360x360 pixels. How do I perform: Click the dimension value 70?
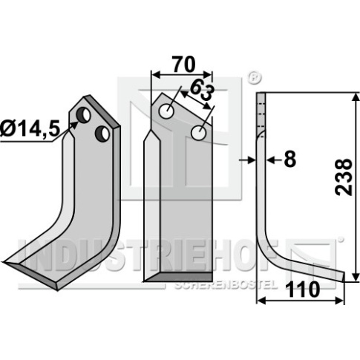[183, 65]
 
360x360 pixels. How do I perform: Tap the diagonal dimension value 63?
[202, 92]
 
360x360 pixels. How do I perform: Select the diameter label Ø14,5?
[30, 129]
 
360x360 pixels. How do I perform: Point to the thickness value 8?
[290, 160]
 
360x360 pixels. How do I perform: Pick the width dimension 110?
[302, 289]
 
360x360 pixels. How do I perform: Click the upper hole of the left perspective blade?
[83, 115]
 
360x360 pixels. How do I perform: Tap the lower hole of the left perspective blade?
[102, 133]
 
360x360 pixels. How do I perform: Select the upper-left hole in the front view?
[166, 111]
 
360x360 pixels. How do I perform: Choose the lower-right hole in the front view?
[199, 133]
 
